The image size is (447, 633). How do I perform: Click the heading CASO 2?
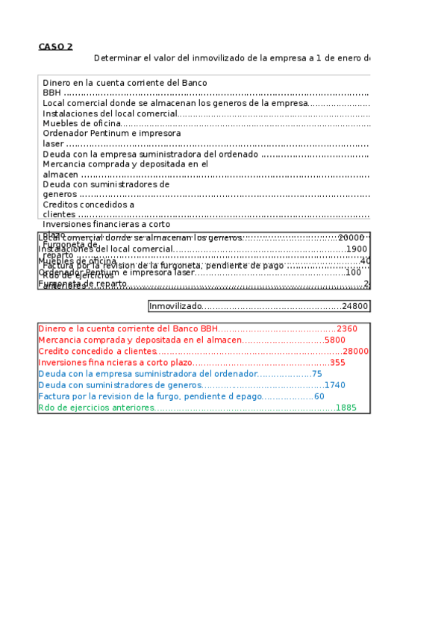click(55, 46)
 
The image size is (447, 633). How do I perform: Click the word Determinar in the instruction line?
click(115, 58)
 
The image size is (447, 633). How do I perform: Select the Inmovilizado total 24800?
click(354, 306)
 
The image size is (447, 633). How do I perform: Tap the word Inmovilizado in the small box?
click(175, 306)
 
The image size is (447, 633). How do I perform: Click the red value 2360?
click(347, 328)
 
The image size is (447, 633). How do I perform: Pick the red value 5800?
click(335, 340)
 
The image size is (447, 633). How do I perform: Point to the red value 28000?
click(355, 351)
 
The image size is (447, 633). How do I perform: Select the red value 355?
click(337, 362)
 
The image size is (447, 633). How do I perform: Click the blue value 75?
click(316, 374)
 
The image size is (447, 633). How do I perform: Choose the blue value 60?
click(319, 396)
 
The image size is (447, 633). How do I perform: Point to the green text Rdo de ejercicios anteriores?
click(96, 408)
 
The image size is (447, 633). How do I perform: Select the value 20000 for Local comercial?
click(351, 237)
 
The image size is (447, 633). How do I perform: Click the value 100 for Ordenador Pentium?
click(353, 272)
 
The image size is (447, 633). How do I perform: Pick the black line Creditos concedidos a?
click(88, 205)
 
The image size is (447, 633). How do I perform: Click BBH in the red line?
click(208, 328)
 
